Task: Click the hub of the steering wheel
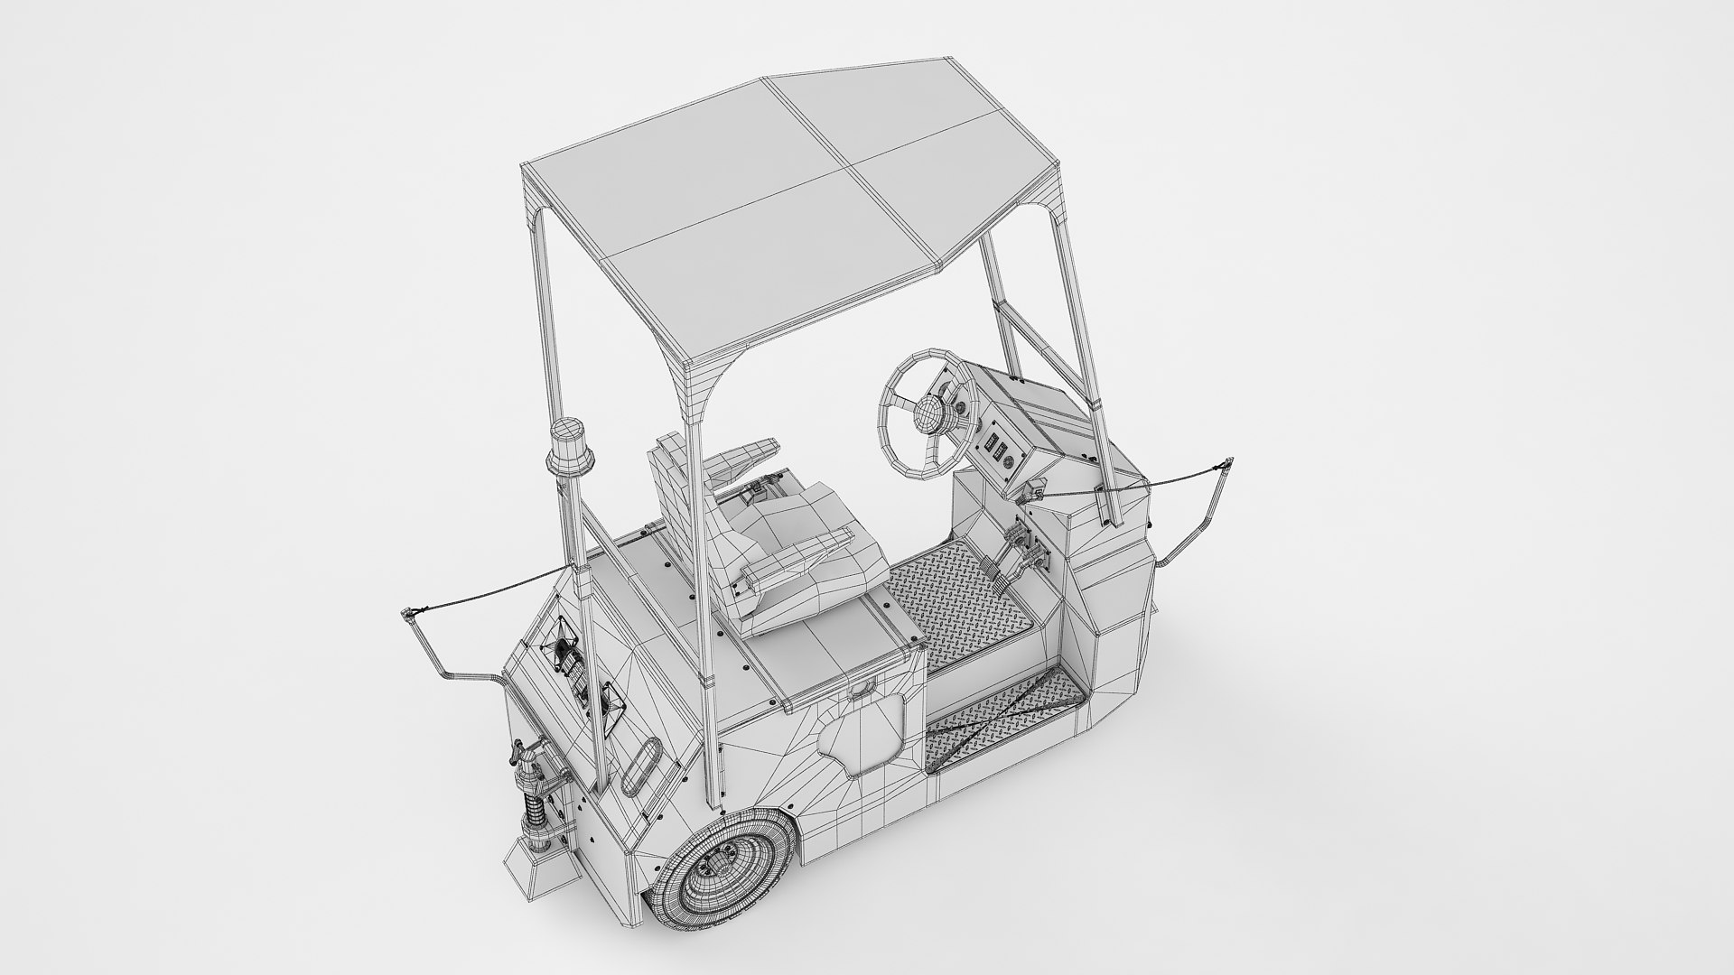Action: pyautogui.click(x=926, y=415)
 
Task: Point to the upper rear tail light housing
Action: pyautogui.click(x=564, y=645)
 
